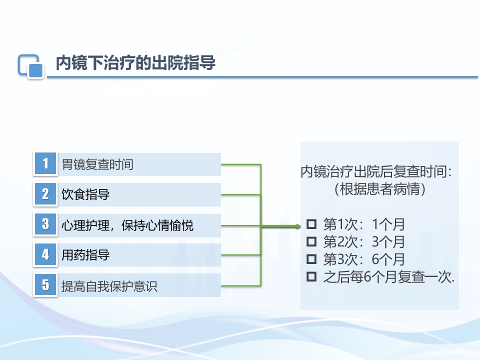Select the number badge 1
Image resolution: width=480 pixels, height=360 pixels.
45,164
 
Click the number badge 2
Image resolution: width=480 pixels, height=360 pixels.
45,194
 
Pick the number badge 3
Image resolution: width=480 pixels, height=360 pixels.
45,225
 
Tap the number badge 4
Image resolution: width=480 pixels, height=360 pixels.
45,255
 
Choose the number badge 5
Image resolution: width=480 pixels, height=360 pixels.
45,285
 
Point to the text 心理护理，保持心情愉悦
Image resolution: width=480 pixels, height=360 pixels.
127,226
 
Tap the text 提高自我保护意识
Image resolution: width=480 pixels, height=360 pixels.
109,286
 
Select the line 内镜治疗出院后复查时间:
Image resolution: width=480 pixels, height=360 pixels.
379,172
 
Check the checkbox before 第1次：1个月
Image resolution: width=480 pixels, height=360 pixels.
312,223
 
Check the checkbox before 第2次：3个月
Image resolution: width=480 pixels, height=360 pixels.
312,241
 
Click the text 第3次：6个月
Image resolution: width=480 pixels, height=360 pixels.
364,259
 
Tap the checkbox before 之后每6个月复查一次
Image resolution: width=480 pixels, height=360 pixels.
312,276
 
